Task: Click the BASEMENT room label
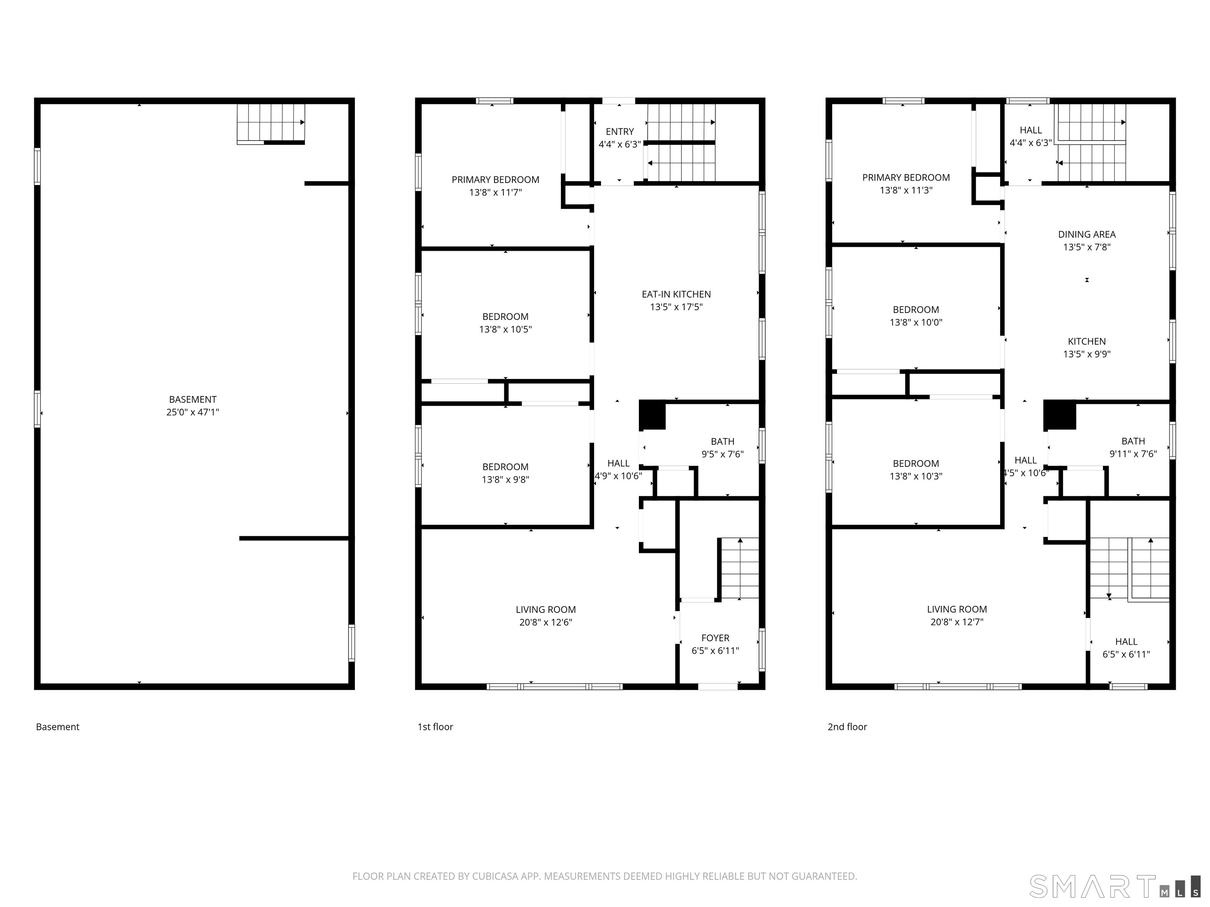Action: pyautogui.click(x=193, y=400)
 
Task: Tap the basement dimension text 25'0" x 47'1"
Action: pyautogui.click(x=193, y=412)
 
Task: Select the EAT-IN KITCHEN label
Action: pyautogui.click(x=676, y=294)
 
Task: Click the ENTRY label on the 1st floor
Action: pyautogui.click(x=620, y=132)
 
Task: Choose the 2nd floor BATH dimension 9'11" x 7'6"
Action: pyautogui.click(x=1133, y=454)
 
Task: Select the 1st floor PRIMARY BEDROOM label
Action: pyautogui.click(x=496, y=180)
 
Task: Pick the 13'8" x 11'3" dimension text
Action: pyautogui.click(x=906, y=190)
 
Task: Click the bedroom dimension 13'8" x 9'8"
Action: pyautogui.click(x=505, y=479)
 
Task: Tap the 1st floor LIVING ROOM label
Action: pyautogui.click(x=546, y=609)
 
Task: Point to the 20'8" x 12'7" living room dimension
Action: pyautogui.click(x=957, y=622)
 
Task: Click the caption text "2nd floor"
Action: pyautogui.click(x=847, y=727)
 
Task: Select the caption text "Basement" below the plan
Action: pyautogui.click(x=58, y=727)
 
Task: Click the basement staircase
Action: pyautogui.click(x=271, y=124)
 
